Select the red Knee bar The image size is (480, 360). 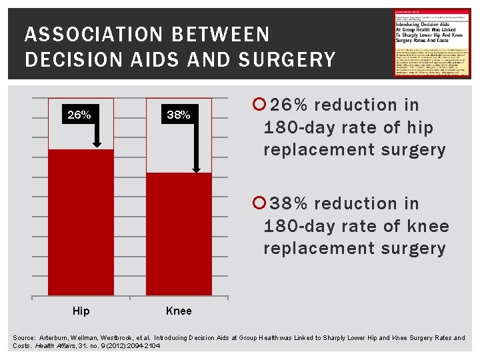tap(178, 233)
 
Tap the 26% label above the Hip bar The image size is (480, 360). tap(79, 115)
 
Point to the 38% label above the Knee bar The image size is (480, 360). tap(178, 115)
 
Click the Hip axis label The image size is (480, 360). tap(81, 311)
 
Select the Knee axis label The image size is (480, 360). tap(178, 311)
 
